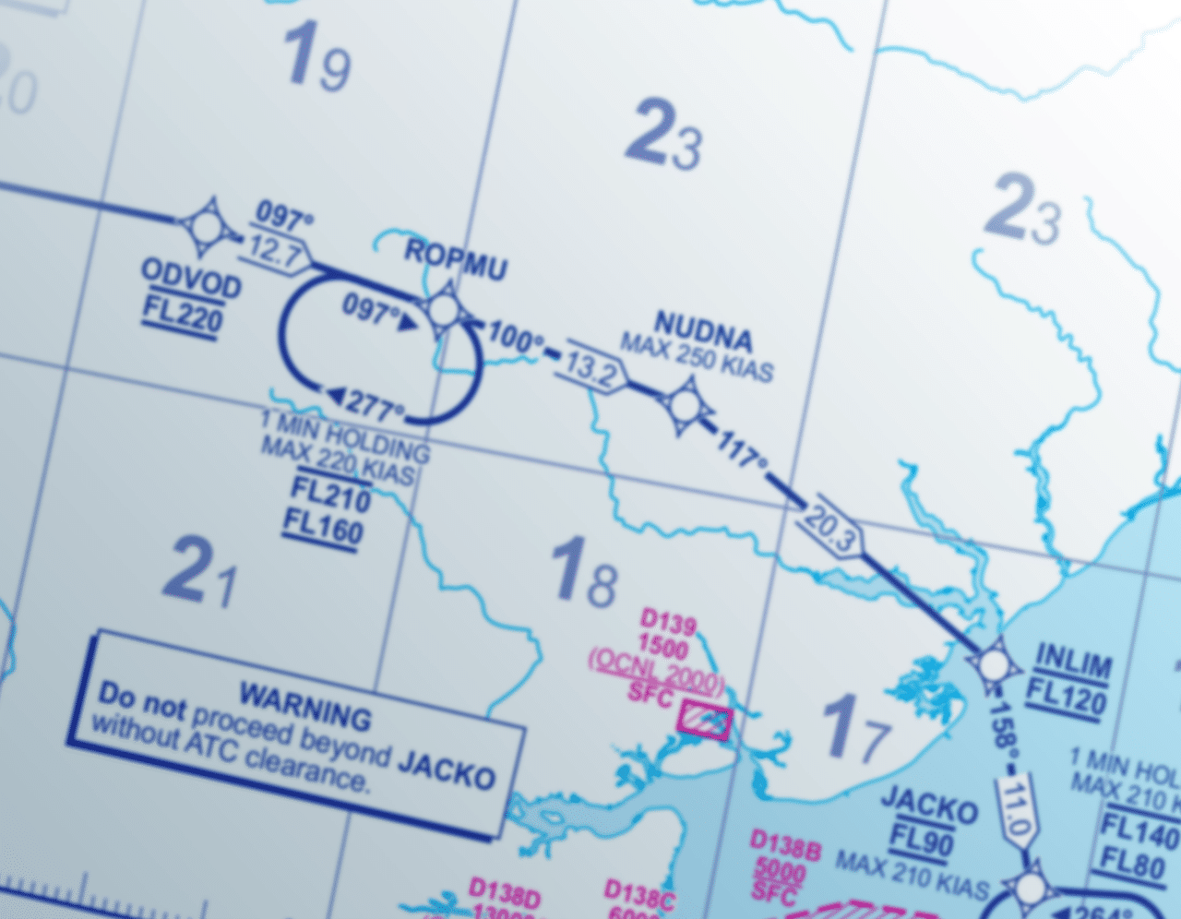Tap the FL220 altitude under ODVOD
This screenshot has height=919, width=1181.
(x=183, y=316)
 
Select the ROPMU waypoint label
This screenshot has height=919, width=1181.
(x=456, y=258)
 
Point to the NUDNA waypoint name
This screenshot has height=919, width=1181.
(x=703, y=329)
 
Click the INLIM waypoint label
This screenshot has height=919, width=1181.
(x=1073, y=662)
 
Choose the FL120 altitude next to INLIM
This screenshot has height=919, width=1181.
(x=1066, y=697)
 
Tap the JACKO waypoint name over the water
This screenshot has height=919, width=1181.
(x=928, y=805)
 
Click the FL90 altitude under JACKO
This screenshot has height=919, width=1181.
(x=922, y=841)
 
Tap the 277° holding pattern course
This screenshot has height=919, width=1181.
(x=369, y=402)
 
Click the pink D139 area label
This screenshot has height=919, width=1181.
(x=668, y=622)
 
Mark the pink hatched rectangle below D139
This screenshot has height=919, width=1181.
(x=705, y=721)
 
